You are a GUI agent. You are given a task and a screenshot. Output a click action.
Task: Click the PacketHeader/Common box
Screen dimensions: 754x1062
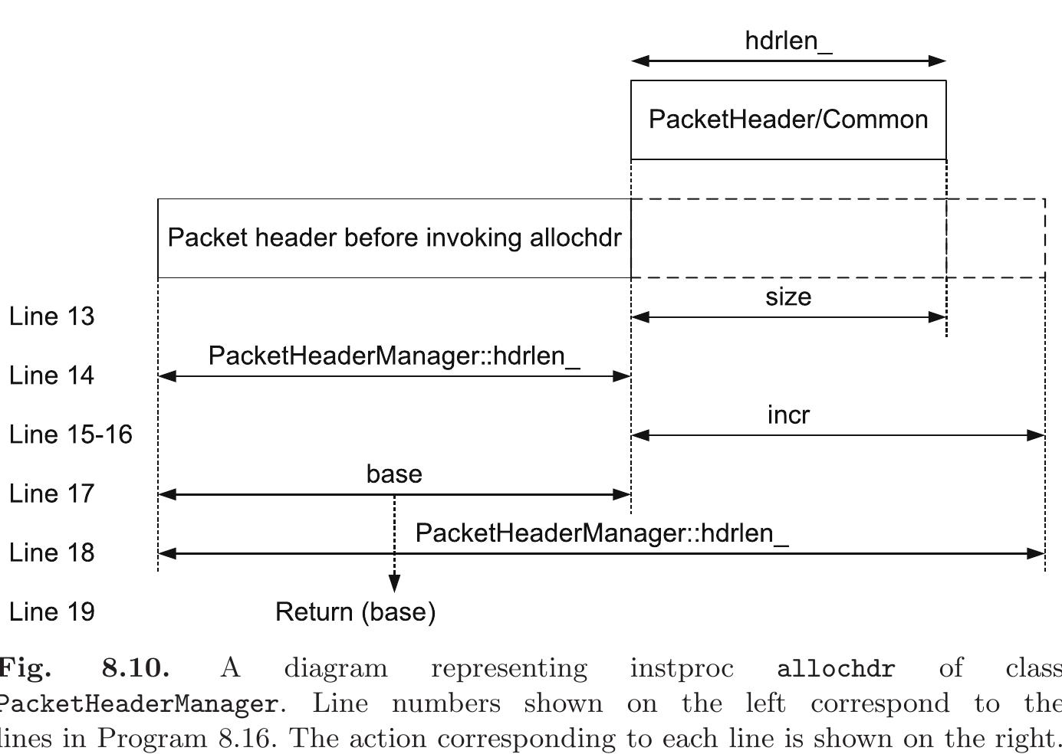click(788, 120)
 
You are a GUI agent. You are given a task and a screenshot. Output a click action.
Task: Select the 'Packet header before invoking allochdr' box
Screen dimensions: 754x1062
click(394, 238)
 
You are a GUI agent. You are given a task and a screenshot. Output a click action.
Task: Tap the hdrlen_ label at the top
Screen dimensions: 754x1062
click(788, 41)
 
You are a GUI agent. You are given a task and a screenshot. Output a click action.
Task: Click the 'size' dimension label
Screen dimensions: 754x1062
click(788, 297)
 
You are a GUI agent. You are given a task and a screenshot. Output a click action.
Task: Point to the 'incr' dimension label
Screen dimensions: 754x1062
click(788, 415)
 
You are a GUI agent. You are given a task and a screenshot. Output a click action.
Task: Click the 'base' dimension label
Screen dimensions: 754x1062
click(394, 474)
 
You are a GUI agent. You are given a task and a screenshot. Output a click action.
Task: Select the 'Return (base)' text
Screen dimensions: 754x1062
click(356, 612)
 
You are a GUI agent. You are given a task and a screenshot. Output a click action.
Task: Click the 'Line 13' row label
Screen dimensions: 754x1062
click(51, 316)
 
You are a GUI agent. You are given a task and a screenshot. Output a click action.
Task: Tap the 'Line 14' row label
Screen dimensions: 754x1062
click(51, 375)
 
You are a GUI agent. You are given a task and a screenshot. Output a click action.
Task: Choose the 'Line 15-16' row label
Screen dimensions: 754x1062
click(71, 434)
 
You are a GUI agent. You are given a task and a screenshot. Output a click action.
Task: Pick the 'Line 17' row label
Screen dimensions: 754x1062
click(51, 493)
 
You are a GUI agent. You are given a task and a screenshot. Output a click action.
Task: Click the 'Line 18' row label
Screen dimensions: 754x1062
click(51, 552)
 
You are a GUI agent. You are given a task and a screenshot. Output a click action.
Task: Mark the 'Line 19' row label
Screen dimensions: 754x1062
click(51, 612)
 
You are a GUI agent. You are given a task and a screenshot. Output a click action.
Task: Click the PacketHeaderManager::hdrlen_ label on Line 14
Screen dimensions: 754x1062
click(394, 356)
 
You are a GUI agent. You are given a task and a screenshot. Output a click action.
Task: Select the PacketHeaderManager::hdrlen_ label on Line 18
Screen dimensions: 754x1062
click(602, 533)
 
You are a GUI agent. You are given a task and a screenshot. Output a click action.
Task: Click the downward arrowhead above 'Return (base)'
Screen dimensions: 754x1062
click(394, 585)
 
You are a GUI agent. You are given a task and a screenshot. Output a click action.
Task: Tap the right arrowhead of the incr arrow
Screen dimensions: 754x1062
click(1036, 435)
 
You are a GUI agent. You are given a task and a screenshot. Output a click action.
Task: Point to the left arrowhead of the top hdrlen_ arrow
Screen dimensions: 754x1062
click(640, 61)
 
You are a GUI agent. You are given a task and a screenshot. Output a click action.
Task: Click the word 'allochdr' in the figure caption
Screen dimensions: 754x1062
click(835, 669)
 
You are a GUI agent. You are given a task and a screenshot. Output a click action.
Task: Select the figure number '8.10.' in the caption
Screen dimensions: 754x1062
click(136, 668)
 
